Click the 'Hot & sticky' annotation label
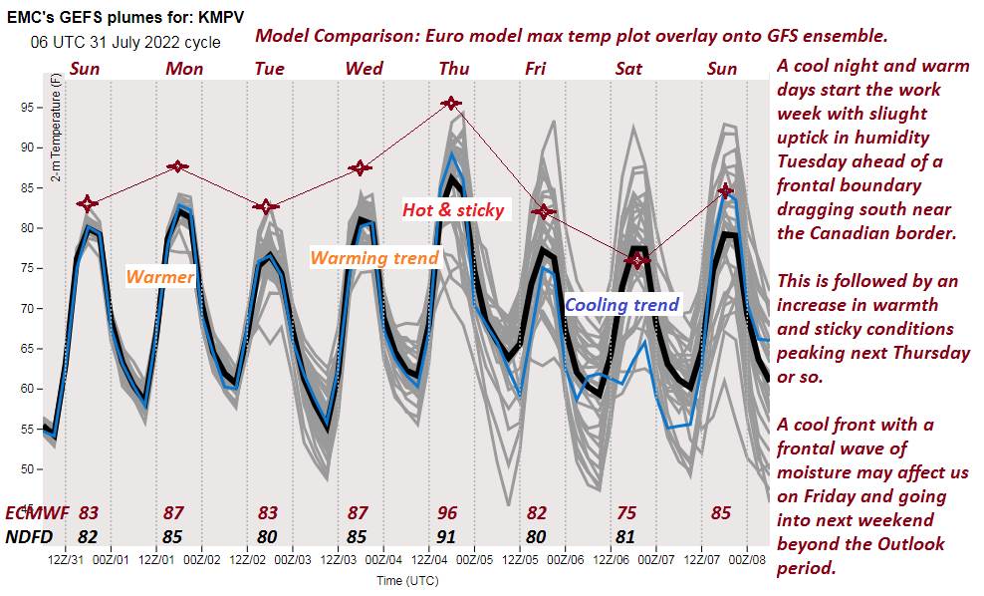point(453,210)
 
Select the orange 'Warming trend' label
point(374,258)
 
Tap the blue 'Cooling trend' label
point(621,305)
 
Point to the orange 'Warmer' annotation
point(160,276)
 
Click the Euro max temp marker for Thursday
point(451,103)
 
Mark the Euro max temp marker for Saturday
point(638,260)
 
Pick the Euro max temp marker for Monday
point(177,165)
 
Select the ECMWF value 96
point(448,513)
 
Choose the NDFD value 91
point(448,536)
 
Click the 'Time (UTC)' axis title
point(405,580)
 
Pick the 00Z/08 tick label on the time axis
point(747,560)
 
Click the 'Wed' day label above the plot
point(365,68)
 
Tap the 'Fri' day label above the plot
point(536,68)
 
